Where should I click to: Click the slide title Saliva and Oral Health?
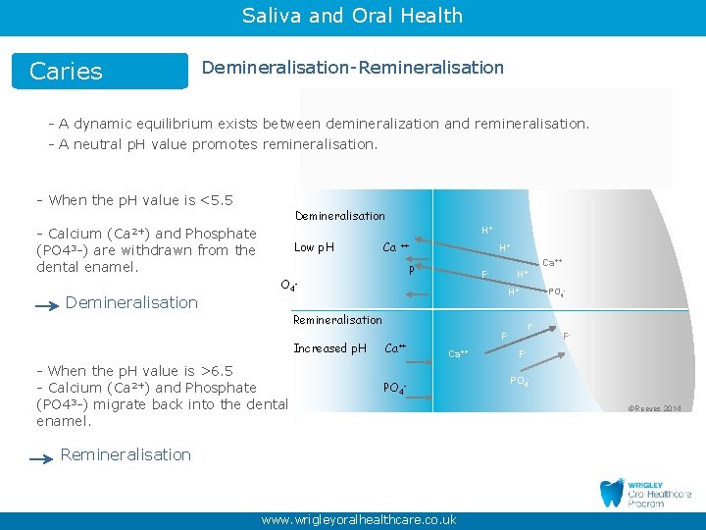pos(352,16)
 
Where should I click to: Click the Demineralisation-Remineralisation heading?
pos(352,68)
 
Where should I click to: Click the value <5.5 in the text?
pos(216,200)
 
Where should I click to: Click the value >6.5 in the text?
pos(216,371)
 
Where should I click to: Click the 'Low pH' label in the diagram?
pos(314,247)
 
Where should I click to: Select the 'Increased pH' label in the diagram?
pos(329,348)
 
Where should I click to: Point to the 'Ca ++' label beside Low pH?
pos(395,247)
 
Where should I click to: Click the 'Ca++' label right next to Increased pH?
pos(395,348)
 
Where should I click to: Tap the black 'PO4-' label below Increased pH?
pos(393,389)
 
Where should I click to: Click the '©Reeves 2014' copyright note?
pos(656,408)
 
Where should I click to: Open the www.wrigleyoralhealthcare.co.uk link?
pos(358,520)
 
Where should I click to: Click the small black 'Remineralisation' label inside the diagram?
pos(337,320)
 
